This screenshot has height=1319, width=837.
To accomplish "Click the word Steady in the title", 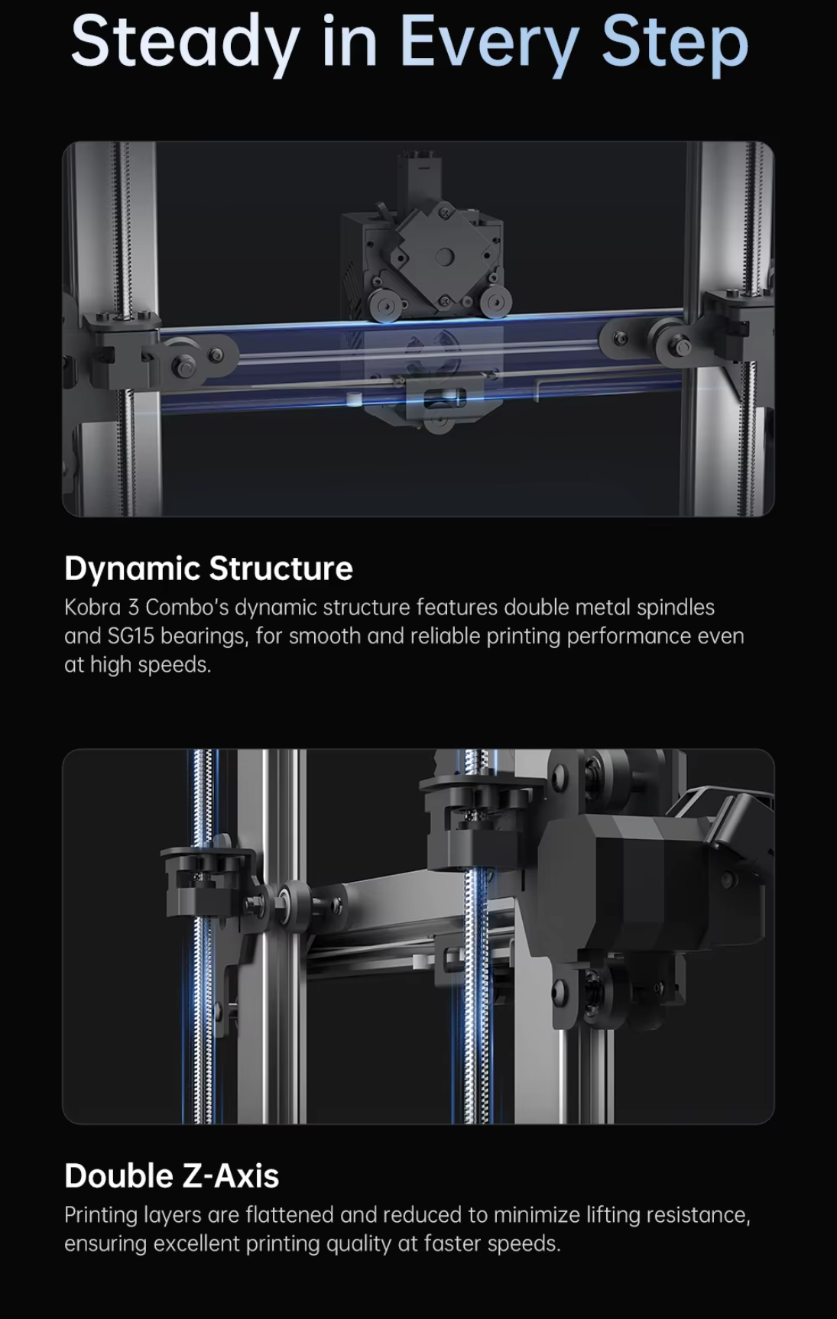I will point(183,42).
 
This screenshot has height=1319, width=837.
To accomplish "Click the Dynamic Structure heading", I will point(208,569).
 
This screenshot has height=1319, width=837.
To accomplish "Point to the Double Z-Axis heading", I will point(171,1175).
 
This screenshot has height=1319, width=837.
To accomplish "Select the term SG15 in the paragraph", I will point(131,637).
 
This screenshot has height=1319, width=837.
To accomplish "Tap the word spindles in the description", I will point(676,608).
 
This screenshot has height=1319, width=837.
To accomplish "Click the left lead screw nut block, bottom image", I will point(203,879).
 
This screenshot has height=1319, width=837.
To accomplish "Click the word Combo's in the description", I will point(187,608).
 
